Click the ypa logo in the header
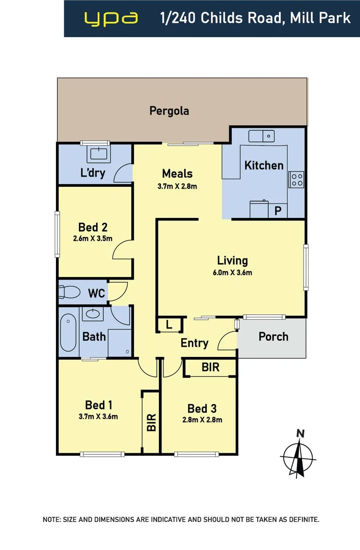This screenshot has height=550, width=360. pyautogui.click(x=111, y=18)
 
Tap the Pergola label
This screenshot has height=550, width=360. pyautogui.click(x=169, y=111)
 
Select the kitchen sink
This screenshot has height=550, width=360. pyautogui.click(x=261, y=136)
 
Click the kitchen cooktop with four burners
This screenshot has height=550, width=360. pyautogui.click(x=296, y=179)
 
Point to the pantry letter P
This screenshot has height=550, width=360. pyautogui.click(x=278, y=211)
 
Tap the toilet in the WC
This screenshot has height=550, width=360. pyautogui.click(x=69, y=292)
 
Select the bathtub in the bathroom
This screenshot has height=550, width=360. pyautogui.click(x=68, y=333)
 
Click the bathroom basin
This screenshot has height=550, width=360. pyautogui.click(x=93, y=313)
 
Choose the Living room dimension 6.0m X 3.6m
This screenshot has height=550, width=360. pyautogui.click(x=232, y=272)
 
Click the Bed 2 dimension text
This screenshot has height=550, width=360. pyautogui.click(x=93, y=238)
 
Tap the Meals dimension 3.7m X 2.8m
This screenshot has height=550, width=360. pyautogui.click(x=177, y=186)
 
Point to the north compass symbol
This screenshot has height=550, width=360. pyautogui.click(x=298, y=454)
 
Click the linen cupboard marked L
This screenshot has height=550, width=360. pyautogui.click(x=169, y=325)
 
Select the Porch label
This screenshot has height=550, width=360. pyautogui.click(x=273, y=337)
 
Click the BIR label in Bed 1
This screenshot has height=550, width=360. pyautogui.click(x=151, y=422)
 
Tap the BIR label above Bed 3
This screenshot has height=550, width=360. pyautogui.click(x=210, y=367)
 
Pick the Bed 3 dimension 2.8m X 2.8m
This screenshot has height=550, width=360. pyautogui.click(x=202, y=420)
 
